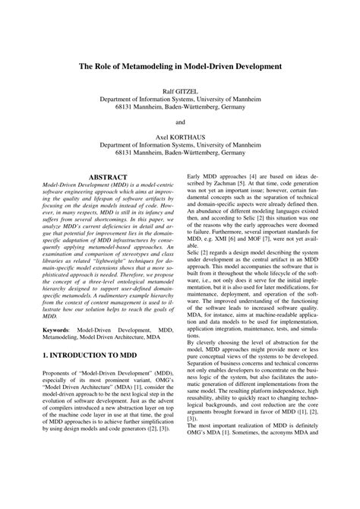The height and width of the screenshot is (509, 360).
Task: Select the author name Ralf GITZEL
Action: [179, 90]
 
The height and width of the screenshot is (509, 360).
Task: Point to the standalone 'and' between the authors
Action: [179, 121]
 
